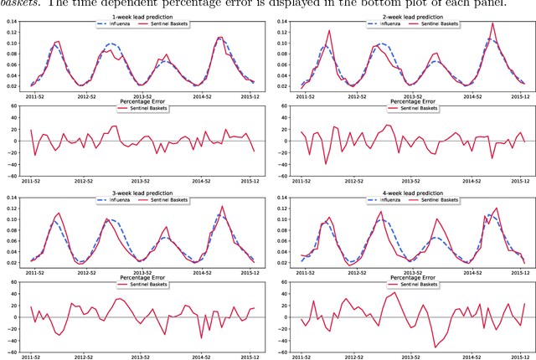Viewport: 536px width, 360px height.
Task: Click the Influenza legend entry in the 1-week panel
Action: pyautogui.click(x=114, y=23)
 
